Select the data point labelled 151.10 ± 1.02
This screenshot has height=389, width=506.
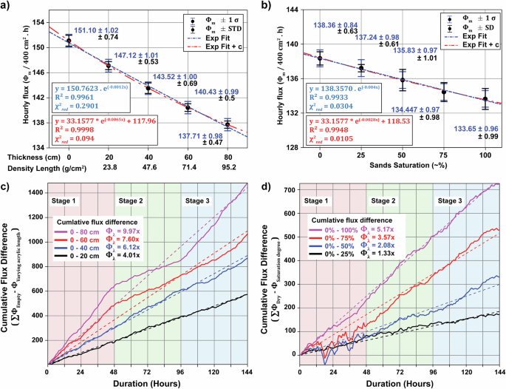[x=69, y=41]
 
